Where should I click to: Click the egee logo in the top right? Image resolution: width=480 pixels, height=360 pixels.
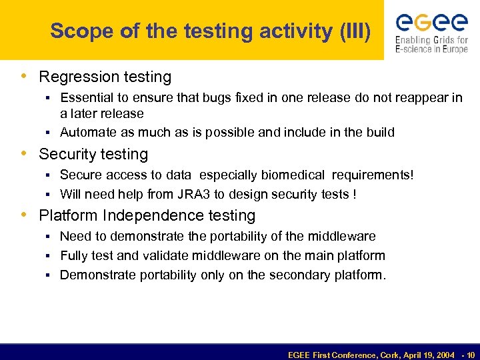tap(431, 23)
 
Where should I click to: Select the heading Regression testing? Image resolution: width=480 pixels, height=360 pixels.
tap(105, 77)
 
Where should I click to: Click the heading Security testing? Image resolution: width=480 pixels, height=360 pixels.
tap(93, 154)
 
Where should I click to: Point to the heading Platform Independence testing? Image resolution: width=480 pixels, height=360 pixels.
tap(147, 215)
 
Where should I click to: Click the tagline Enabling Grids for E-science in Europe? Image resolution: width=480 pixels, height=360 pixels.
tap(431, 45)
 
